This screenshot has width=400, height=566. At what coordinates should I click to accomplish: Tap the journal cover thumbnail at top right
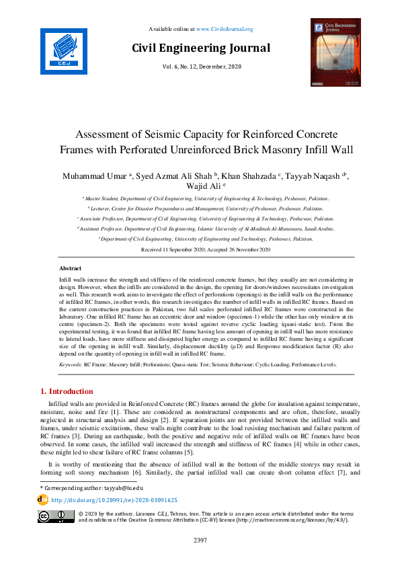tap(326, 52)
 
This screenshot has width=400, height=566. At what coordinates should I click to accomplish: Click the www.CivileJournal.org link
tap(225, 29)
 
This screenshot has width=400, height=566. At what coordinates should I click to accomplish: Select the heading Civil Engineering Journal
tap(201, 48)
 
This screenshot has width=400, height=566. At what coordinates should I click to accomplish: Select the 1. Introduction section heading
tap(67, 391)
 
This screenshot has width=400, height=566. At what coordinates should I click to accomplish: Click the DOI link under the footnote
tap(114, 500)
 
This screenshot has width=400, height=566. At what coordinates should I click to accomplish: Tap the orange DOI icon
tap(44, 500)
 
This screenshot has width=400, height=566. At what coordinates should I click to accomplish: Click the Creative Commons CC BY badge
tap(56, 516)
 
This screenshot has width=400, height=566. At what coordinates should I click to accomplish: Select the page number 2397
tap(200, 540)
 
